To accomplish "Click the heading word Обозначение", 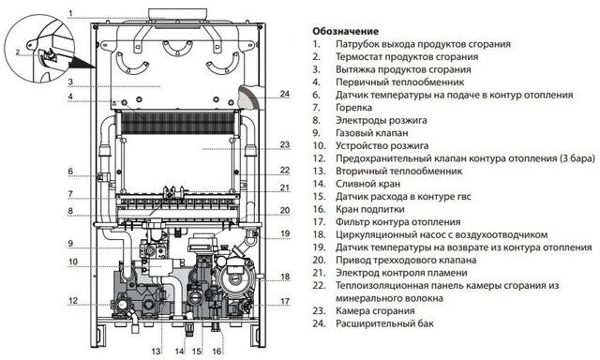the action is point(345,31).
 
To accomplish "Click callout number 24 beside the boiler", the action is point(285,94).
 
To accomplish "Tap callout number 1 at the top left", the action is point(70,14).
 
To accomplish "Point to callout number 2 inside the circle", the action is point(18,52).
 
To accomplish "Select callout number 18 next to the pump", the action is point(285,277).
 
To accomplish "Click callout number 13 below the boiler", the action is point(156,351).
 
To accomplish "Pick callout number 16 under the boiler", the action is point(217,351).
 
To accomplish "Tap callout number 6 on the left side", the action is point(70,171).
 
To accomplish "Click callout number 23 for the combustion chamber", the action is point(285,144).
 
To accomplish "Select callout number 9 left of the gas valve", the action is point(70,244).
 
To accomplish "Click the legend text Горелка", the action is point(353,108).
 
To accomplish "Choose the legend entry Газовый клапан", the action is point(371,133).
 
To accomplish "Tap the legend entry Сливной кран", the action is point(367,184).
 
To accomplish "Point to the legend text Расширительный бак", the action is point(384,323).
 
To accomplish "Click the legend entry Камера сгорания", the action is point(375,310).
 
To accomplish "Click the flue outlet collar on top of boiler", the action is point(177,14).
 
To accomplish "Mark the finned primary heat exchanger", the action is point(177,123).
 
